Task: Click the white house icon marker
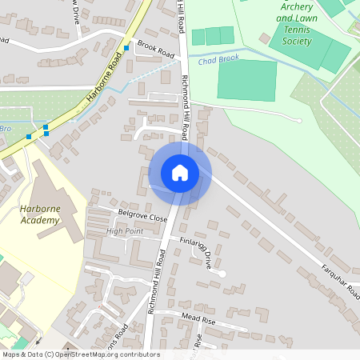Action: point(180,173)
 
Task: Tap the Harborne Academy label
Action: point(40,215)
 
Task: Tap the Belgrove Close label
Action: point(142,217)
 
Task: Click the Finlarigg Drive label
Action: point(196,250)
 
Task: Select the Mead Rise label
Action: point(198,318)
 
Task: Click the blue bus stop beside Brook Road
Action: point(126,48)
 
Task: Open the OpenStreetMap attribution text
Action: point(80,354)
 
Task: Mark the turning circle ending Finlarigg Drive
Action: point(222,274)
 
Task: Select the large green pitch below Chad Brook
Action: point(246,80)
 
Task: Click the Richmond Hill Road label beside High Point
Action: point(157,281)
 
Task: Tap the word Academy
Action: point(40,221)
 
